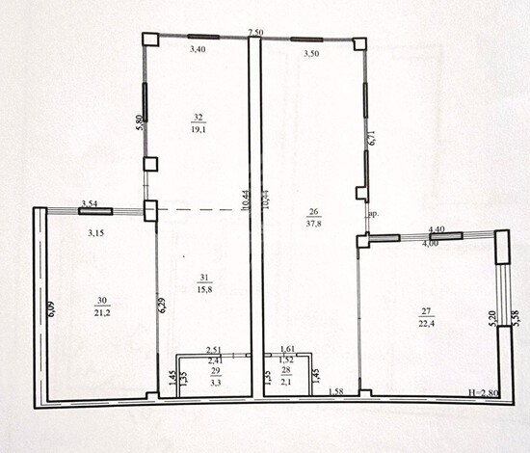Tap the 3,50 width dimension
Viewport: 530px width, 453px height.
point(311,54)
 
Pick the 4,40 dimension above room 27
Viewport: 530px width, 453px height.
point(437,229)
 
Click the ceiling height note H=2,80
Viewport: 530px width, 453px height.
point(483,394)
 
